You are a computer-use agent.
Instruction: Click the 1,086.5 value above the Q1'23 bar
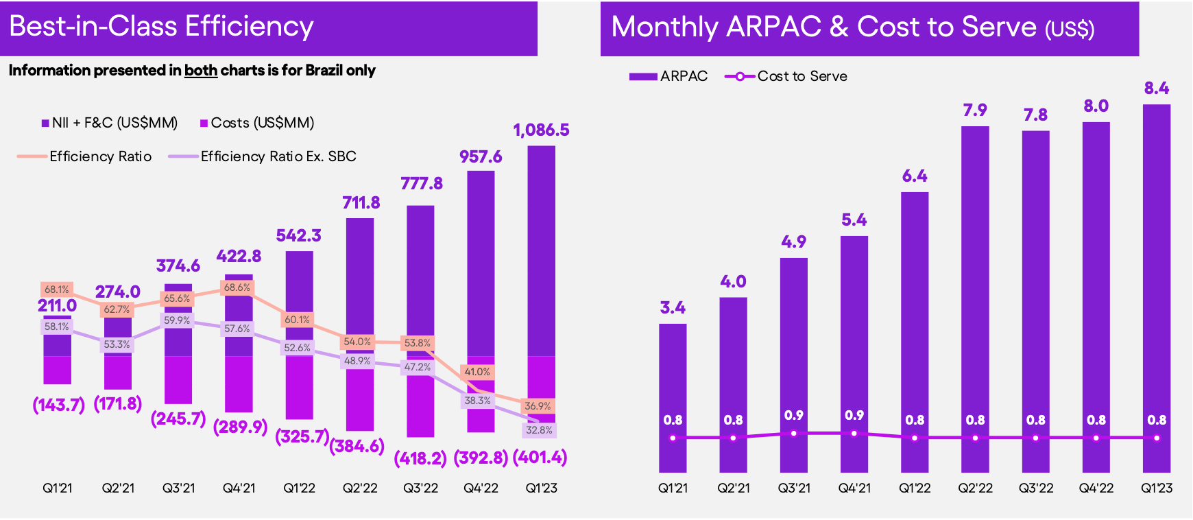tap(541, 130)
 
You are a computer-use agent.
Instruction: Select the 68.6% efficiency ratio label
tap(237, 287)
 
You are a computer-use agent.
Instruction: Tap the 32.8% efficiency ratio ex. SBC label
tap(538, 430)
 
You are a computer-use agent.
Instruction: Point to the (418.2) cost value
tap(420, 458)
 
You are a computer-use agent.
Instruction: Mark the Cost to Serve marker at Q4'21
tap(854, 433)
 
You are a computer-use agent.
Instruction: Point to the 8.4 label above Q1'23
tap(1157, 88)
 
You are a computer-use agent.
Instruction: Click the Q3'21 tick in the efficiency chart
tap(178, 488)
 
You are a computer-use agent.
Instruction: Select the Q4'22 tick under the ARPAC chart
tap(1096, 488)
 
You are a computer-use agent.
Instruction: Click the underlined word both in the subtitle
tap(200, 71)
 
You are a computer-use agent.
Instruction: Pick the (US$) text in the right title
tap(1069, 29)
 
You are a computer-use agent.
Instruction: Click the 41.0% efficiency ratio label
tap(477, 372)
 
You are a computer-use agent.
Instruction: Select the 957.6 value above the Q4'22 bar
tap(481, 157)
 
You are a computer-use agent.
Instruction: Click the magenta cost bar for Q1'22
tap(299, 388)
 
